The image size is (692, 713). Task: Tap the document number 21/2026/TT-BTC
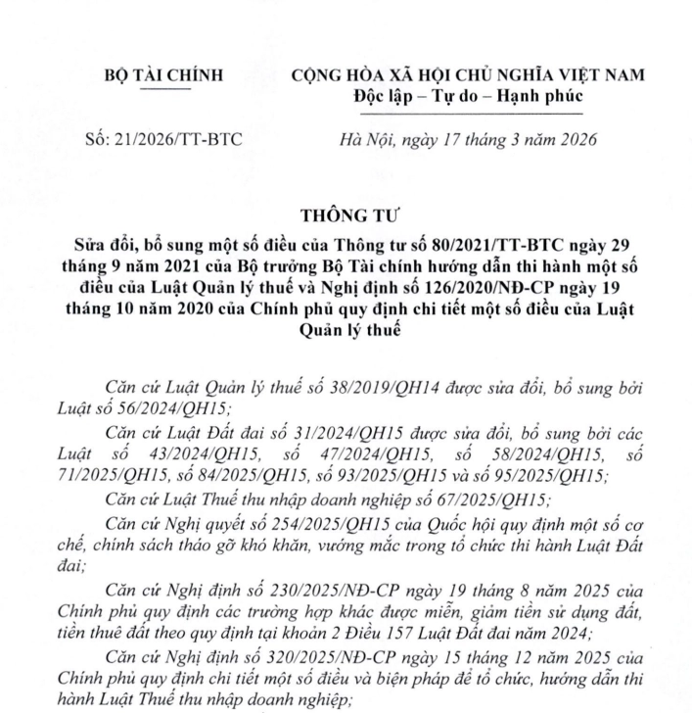point(164,139)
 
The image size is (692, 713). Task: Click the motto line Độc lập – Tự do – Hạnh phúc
point(467,95)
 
